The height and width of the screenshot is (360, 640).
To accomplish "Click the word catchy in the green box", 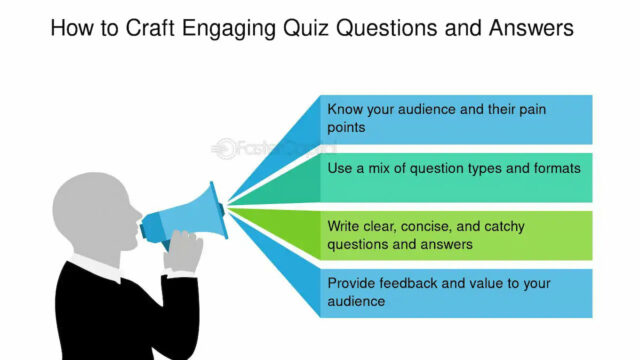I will point(519,225).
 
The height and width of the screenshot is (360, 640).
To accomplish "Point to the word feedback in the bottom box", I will point(412,283).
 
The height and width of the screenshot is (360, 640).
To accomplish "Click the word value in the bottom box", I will point(495,283).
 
